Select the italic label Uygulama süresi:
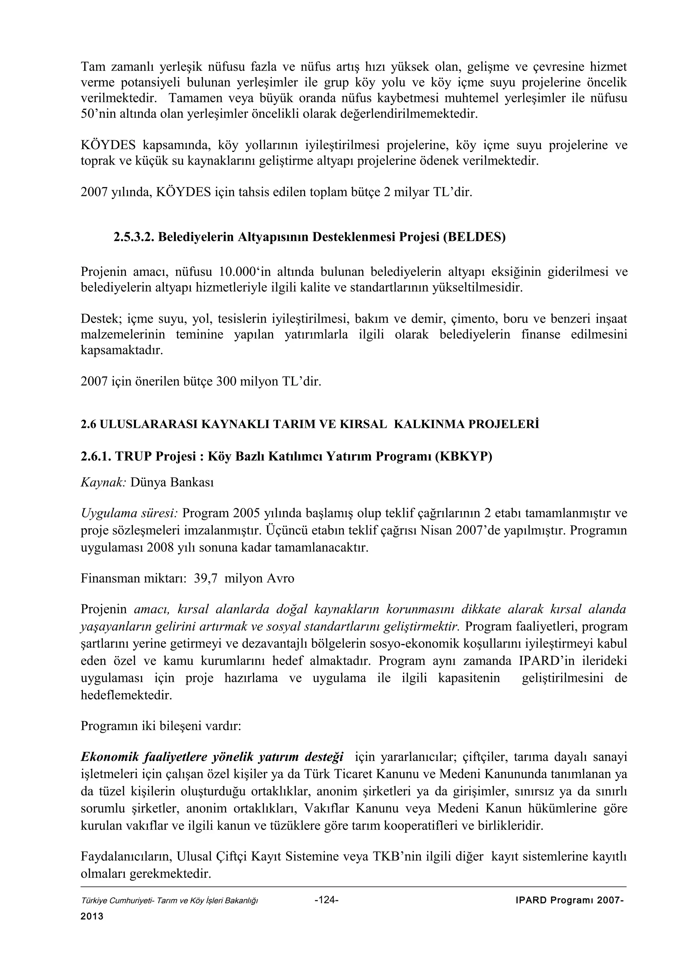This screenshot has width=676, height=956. (x=129, y=513)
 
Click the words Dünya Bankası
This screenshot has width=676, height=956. (x=172, y=482)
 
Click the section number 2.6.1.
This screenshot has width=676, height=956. (x=96, y=457)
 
